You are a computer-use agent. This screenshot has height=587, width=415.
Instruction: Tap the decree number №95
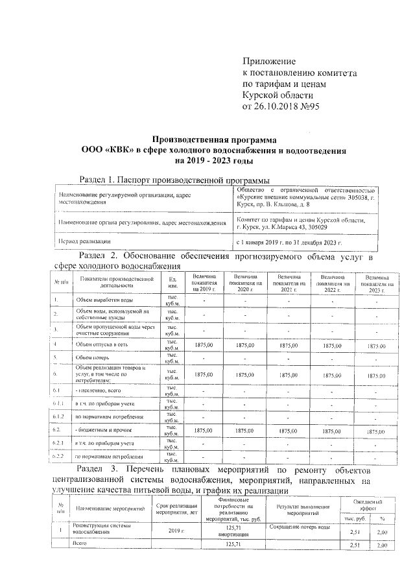pyautogui.click(x=307, y=106)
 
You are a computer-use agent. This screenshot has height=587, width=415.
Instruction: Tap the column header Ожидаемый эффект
pyautogui.click(x=367, y=506)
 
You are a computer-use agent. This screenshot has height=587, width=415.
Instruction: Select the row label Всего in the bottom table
pyautogui.click(x=80, y=543)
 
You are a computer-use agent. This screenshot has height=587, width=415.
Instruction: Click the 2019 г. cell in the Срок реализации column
pyautogui.click(x=177, y=531)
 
